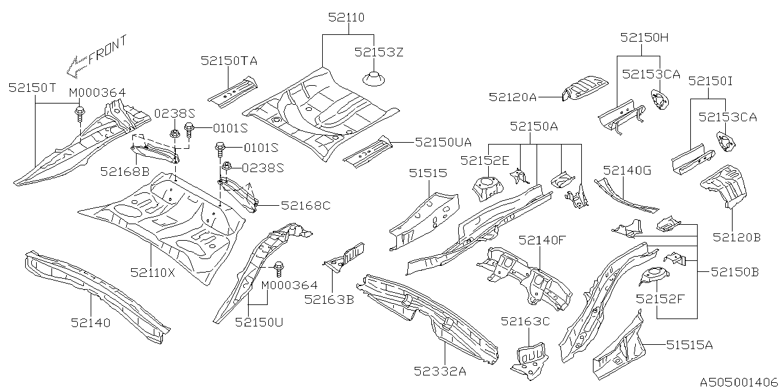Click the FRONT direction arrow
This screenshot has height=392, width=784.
(78, 63)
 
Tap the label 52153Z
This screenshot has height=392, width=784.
(379, 53)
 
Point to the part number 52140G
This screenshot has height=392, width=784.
(627, 170)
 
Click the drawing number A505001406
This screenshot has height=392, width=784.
(737, 380)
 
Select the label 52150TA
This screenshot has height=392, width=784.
(228, 61)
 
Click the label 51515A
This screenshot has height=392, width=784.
(690, 345)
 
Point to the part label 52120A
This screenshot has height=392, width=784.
(513, 96)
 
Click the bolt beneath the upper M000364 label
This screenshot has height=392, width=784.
(80, 112)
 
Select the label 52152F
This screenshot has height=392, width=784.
(660, 300)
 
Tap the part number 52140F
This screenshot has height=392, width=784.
(543, 240)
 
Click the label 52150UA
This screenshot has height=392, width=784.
(443, 142)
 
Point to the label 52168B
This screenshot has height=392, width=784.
(125, 171)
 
